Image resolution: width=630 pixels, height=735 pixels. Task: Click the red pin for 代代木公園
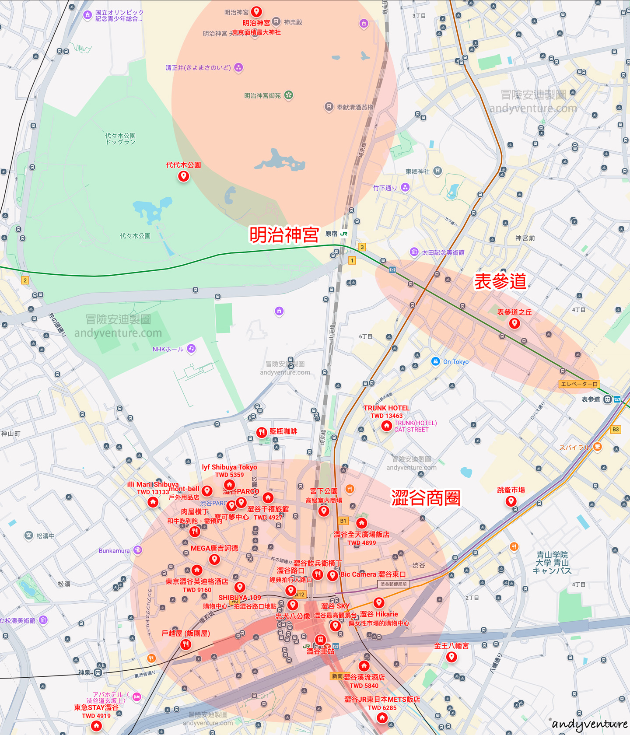click(x=183, y=176)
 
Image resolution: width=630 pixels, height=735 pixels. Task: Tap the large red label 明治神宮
click(x=284, y=235)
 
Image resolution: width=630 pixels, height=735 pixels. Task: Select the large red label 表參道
click(x=500, y=282)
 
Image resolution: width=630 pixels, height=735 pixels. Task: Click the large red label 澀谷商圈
click(x=426, y=498)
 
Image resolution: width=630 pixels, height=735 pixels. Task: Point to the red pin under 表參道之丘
click(x=514, y=323)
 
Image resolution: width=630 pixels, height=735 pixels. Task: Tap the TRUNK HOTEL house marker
click(x=386, y=425)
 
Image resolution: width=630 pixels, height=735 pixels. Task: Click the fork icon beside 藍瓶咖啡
click(x=262, y=432)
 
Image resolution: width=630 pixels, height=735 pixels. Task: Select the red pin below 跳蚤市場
click(x=511, y=501)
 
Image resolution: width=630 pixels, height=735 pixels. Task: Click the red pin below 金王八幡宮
click(x=451, y=656)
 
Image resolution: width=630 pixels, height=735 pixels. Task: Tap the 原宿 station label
click(x=332, y=234)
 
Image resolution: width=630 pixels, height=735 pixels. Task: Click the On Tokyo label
click(x=455, y=362)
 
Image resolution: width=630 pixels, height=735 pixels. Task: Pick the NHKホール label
click(x=168, y=349)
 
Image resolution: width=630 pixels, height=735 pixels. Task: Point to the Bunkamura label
click(x=114, y=551)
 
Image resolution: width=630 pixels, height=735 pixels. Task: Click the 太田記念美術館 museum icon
click(x=414, y=252)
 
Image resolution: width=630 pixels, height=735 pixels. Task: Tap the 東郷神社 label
click(x=417, y=171)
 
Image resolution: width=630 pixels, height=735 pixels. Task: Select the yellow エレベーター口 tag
click(x=579, y=384)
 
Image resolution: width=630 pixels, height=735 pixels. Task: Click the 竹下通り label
click(x=385, y=188)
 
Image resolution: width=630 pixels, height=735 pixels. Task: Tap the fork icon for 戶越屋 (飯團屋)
click(x=186, y=644)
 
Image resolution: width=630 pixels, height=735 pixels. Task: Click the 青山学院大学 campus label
click(x=552, y=563)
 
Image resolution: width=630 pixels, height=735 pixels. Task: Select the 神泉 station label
click(x=84, y=672)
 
